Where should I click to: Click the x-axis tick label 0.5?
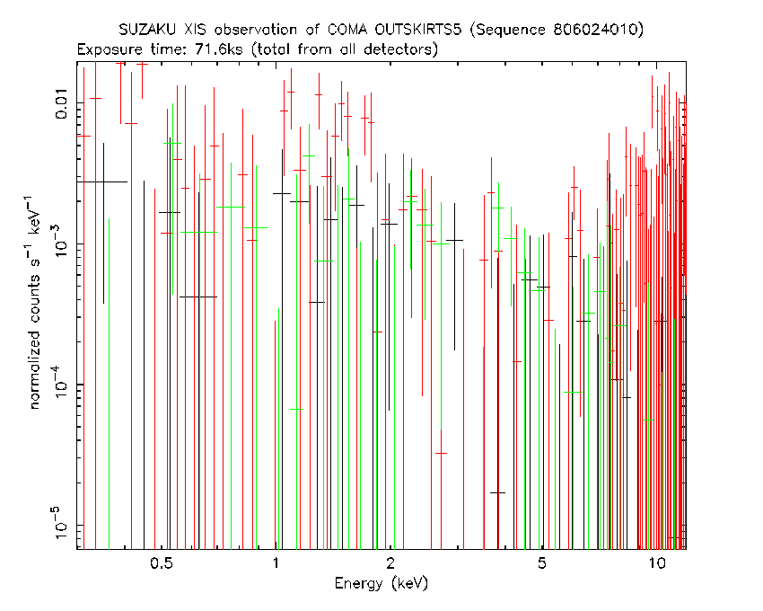click(x=162, y=563)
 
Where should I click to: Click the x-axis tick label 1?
click(x=276, y=563)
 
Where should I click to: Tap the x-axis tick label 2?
click(x=390, y=563)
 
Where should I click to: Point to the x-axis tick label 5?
click(x=541, y=563)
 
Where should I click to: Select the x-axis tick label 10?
click(x=656, y=563)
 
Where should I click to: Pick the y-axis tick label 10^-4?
click(x=60, y=383)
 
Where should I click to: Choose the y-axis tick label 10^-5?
click(x=60, y=523)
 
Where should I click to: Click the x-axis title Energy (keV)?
click(x=381, y=583)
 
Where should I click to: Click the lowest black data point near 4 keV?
click(x=497, y=492)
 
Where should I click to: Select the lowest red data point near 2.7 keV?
click(x=441, y=453)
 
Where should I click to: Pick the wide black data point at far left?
click(x=103, y=182)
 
